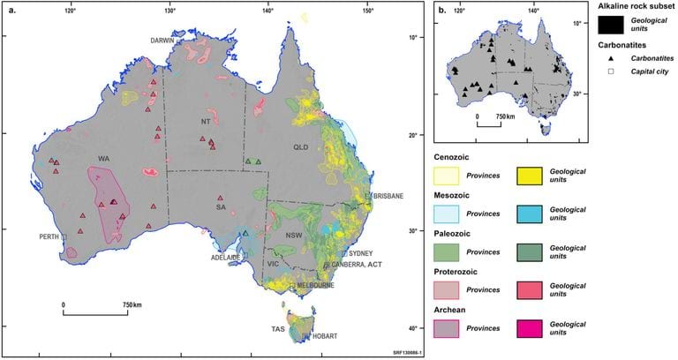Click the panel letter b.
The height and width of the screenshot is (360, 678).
click(x=441, y=11)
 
